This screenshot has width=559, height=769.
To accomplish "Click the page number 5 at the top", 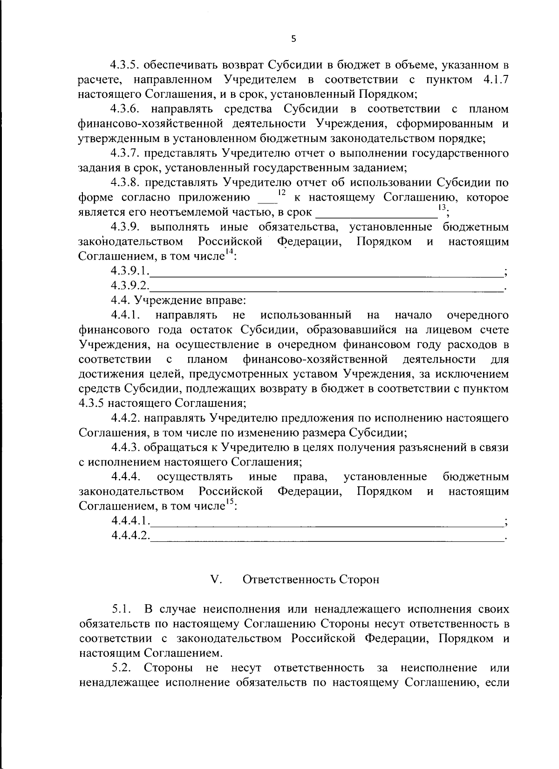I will [x=293, y=39].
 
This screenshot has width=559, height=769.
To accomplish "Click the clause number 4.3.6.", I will [x=128, y=109].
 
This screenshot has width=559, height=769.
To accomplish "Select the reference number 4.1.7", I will [x=493, y=80].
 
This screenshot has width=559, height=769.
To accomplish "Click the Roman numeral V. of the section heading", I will [x=216, y=580].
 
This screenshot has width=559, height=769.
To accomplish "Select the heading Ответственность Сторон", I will [x=311, y=580].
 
